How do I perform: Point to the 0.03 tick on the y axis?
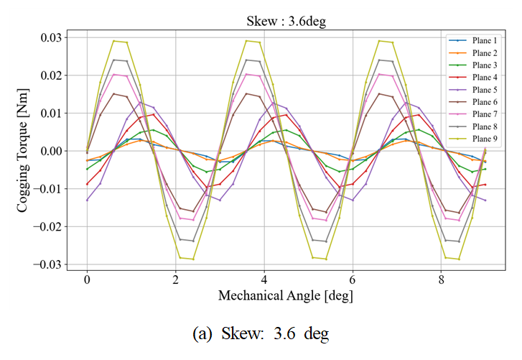pos(52,37)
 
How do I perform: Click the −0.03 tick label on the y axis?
pos(50,264)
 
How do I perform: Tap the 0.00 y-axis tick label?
pos(52,151)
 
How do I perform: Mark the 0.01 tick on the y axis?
pos(52,113)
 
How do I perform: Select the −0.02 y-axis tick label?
pos(50,226)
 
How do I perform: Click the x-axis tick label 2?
pos(175,279)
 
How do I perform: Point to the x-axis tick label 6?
pos(353,279)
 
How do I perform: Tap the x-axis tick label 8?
pos(441,279)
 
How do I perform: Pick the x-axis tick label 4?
pos(264,279)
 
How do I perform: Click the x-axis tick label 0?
pos(87,279)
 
